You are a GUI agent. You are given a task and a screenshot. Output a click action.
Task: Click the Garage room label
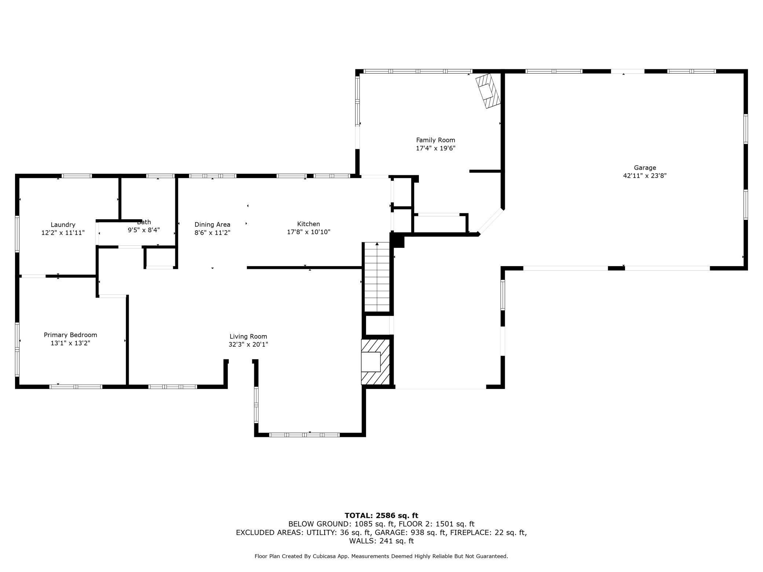coord(645,168)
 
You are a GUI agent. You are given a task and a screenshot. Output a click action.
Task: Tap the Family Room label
coord(435,140)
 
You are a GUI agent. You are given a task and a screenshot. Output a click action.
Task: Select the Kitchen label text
coord(309,224)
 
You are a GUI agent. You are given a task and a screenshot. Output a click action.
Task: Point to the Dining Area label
coord(212,224)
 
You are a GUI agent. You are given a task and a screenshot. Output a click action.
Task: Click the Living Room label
coord(248,337)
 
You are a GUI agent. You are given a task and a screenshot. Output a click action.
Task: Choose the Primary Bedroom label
coord(70,335)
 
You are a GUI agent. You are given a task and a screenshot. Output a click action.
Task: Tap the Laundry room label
coord(63,224)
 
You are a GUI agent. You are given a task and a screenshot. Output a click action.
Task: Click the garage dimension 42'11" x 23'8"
coord(645,176)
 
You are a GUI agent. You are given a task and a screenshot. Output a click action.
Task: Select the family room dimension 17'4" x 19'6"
coord(435,148)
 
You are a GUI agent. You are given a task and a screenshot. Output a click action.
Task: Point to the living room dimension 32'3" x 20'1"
coord(248,344)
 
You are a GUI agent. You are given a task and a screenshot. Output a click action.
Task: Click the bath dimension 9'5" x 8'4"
coord(144,230)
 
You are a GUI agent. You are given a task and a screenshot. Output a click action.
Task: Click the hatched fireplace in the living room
coord(375,362)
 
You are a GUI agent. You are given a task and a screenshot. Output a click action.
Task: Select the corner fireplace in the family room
coord(488,91)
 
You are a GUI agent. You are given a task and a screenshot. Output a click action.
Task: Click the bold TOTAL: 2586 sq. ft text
coord(381,516)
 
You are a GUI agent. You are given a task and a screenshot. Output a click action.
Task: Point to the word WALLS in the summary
coord(361,541)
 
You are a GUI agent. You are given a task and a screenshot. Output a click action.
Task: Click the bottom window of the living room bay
coord(304,435)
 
